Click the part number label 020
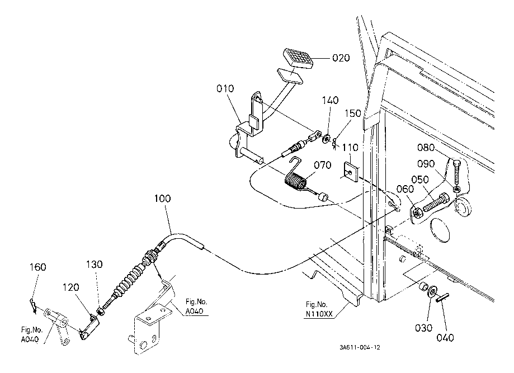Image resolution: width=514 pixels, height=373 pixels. tap(341, 58)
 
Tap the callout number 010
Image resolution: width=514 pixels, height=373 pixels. tap(225, 89)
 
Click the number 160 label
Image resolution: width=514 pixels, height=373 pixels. tap(37, 267)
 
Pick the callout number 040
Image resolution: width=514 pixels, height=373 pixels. tap(445, 337)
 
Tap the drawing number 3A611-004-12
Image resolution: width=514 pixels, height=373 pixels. tap(360, 347)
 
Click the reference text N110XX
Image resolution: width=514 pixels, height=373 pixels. tap(320, 314)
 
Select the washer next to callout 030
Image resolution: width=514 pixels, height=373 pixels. tap(433, 292)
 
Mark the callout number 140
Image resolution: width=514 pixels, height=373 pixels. tap(330, 101)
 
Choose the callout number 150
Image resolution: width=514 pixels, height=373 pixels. tap(353, 114)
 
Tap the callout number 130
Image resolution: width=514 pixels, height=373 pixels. tap(95, 264)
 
